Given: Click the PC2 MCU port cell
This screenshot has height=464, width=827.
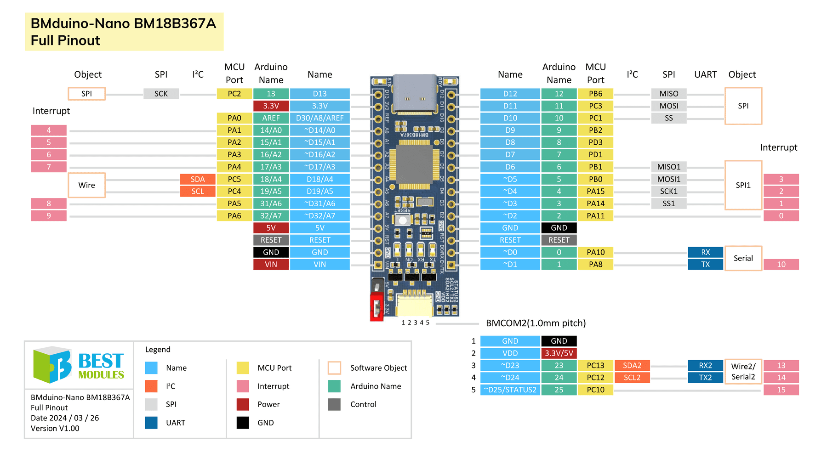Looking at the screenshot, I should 234,94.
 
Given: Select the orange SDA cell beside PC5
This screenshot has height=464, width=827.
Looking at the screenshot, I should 197,179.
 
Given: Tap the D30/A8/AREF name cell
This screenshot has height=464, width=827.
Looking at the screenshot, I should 319,118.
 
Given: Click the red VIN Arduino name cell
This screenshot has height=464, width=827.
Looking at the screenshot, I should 271,265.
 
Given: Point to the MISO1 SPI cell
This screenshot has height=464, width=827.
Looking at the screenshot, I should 668,167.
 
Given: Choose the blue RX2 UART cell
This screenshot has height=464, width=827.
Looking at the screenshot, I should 705,366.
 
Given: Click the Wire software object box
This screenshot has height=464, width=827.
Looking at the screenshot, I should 86,185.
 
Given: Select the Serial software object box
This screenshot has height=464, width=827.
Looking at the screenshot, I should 743,258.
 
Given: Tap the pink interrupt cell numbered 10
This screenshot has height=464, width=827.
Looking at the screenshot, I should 781,265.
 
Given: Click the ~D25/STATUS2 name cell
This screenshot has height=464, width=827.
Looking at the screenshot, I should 510,390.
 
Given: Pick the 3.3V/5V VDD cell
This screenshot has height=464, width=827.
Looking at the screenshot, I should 559,353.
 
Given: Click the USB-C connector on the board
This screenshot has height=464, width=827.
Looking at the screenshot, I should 415,94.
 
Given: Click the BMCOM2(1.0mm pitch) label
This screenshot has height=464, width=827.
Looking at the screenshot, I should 536,323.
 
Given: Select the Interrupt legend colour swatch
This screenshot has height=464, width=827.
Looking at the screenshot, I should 243,386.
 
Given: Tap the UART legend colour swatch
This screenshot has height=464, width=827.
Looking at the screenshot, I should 151,423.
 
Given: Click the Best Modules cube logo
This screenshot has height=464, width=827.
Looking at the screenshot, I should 52,365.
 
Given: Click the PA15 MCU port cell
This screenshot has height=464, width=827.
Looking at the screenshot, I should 595,191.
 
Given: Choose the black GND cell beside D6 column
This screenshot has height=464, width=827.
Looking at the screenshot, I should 559,228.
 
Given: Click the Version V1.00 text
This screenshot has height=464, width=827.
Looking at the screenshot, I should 55,428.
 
